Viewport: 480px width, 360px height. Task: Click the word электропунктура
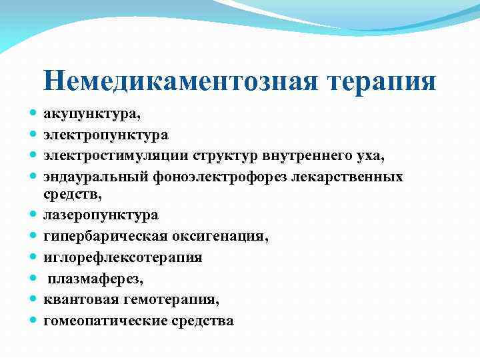pos(106,135)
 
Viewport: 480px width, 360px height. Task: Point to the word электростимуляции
pos(117,156)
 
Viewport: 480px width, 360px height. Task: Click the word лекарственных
pos(356,177)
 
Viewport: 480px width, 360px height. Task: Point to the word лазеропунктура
pos(101,215)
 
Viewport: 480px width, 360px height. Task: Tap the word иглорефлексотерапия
pos(123,257)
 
